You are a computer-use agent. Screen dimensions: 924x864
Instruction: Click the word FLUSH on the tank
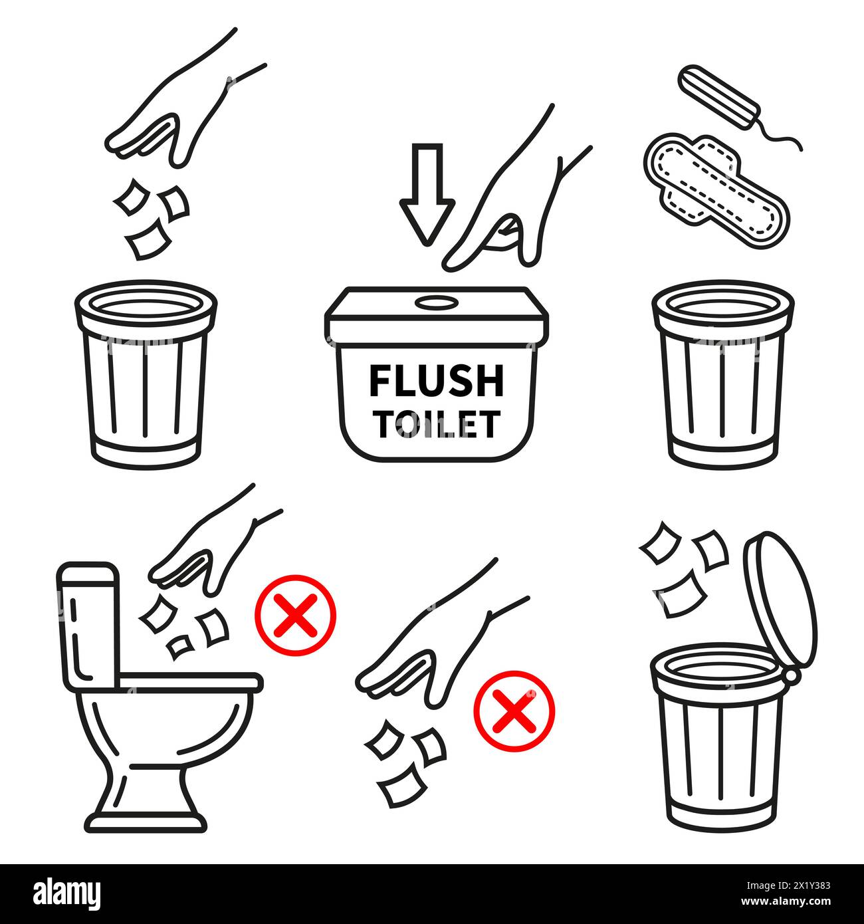pos(436,380)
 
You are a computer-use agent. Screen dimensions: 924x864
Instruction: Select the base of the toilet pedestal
pos(147,820)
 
